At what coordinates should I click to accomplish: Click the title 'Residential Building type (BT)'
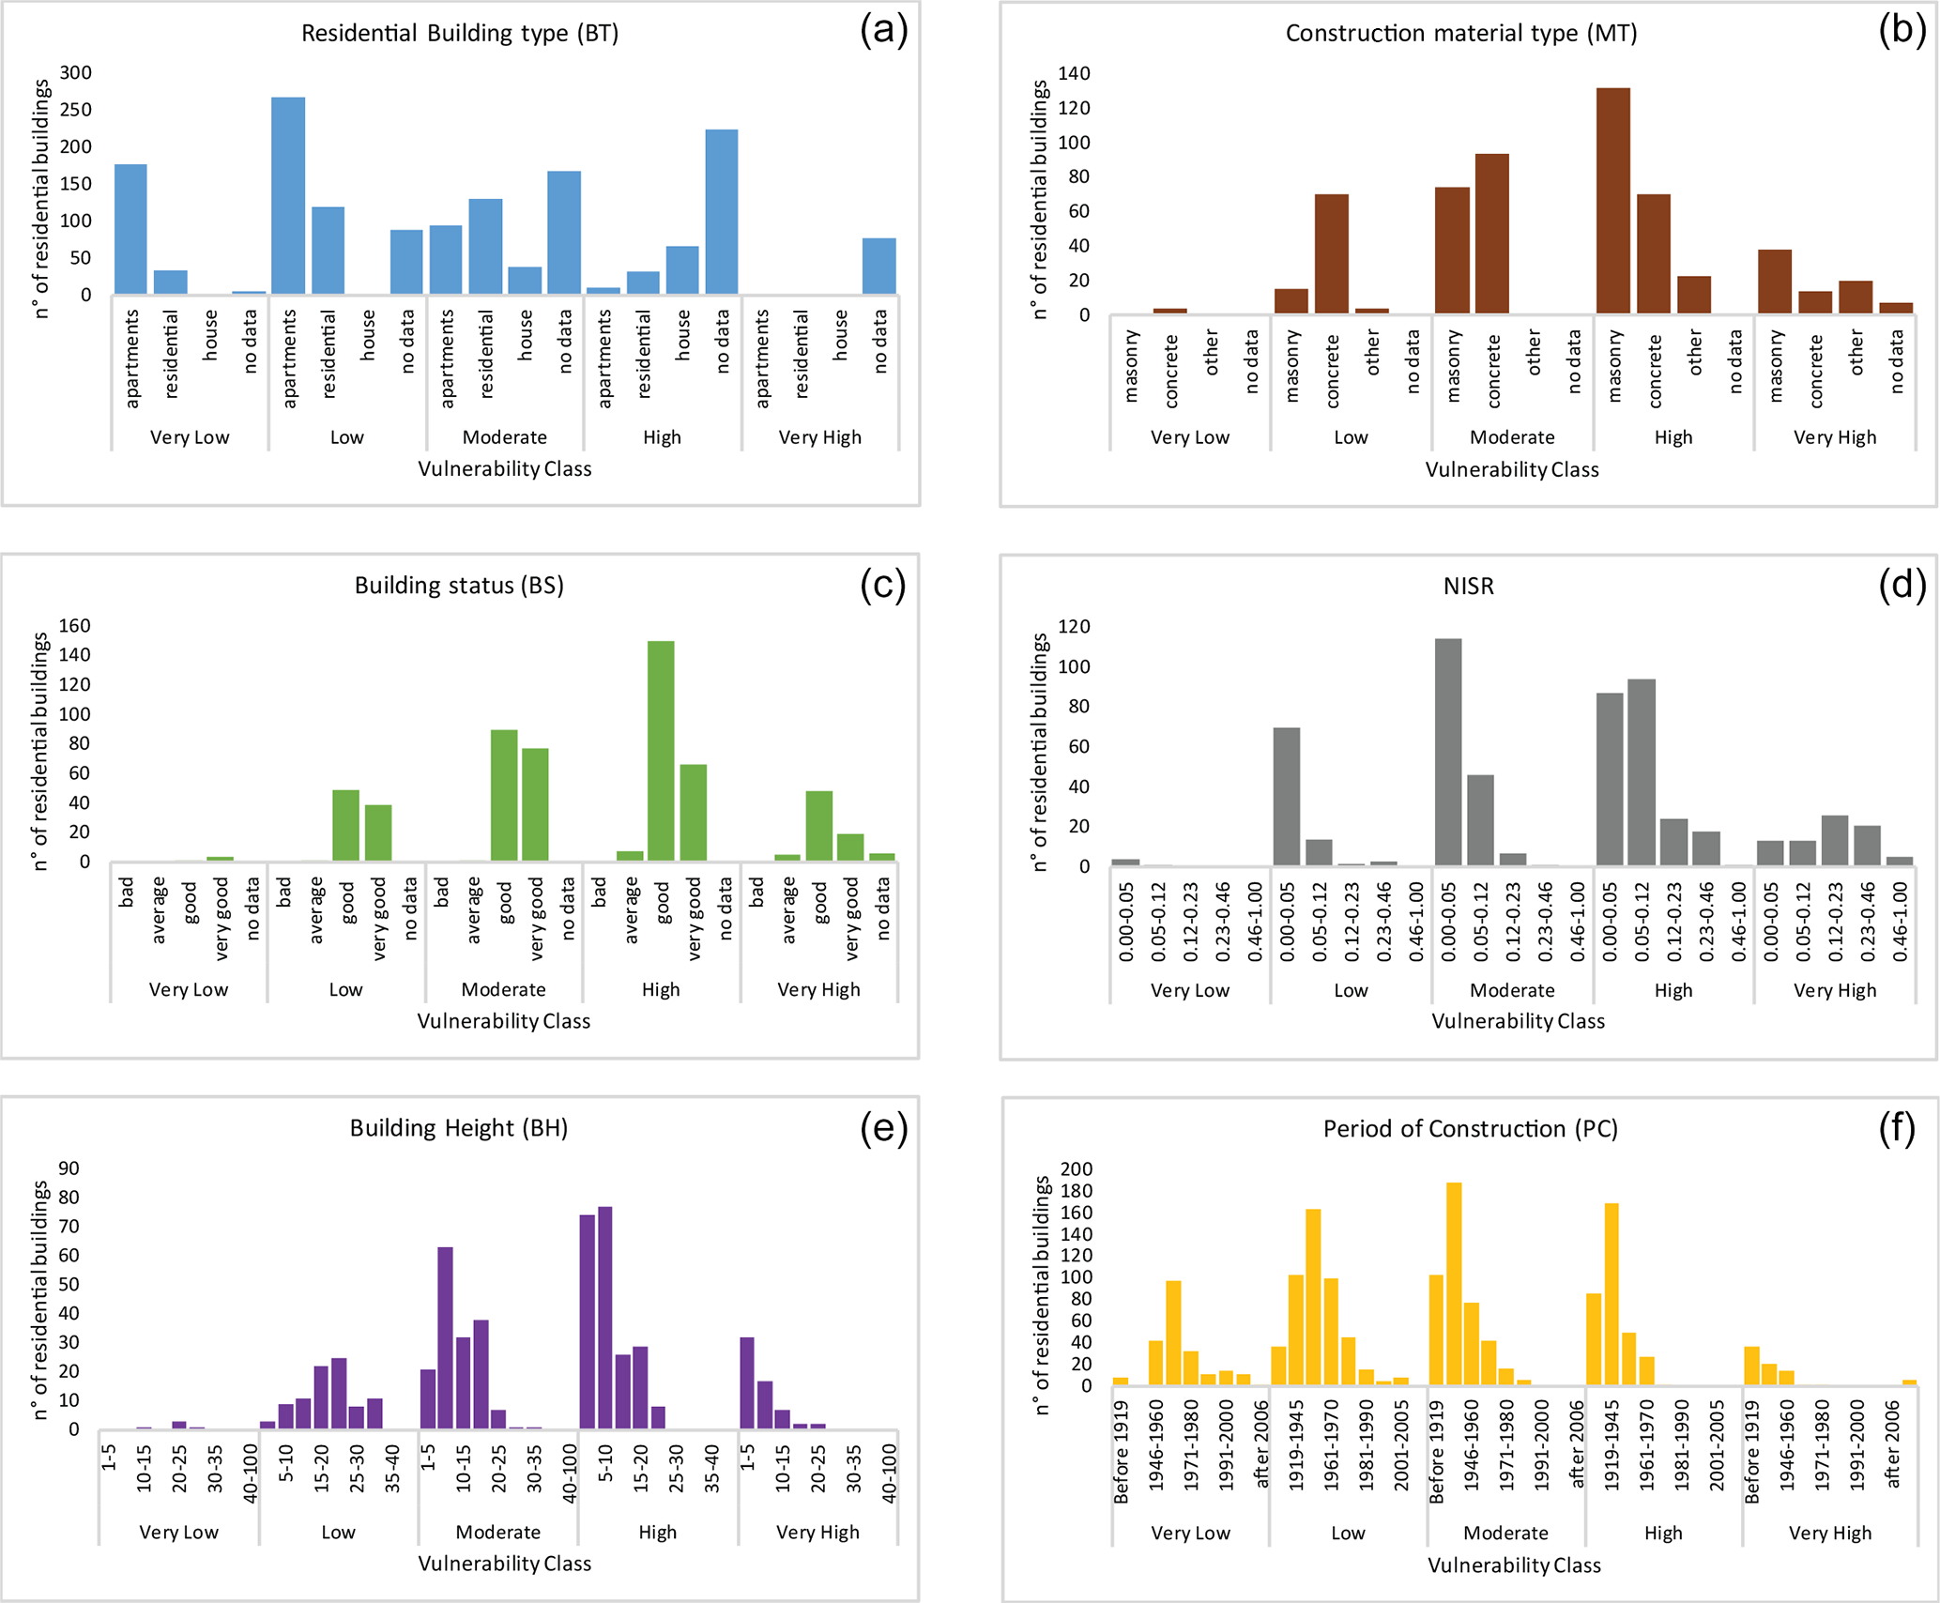tap(459, 34)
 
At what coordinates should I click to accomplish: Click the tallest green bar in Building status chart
tap(661, 751)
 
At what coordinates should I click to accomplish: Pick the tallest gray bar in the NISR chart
tap(1448, 752)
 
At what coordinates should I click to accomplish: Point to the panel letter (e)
tap(883, 1128)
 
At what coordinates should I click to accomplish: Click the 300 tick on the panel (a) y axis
tap(76, 73)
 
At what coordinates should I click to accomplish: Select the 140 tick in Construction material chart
tap(1074, 73)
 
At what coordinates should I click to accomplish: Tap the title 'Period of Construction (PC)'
tap(1470, 1129)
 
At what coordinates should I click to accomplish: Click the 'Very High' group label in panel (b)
tap(1834, 437)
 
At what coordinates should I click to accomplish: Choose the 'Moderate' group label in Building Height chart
tap(497, 1532)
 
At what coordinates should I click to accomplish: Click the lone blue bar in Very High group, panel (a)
tap(879, 267)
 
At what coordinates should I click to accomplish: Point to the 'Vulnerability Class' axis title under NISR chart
tap(1518, 1021)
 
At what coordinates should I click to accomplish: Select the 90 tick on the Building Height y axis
tap(69, 1168)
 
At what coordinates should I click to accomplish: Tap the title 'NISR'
tap(1468, 587)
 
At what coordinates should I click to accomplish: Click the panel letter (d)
tap(1902, 585)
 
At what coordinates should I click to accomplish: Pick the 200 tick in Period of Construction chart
tap(1076, 1169)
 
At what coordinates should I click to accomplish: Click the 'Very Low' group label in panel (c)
tap(188, 989)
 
